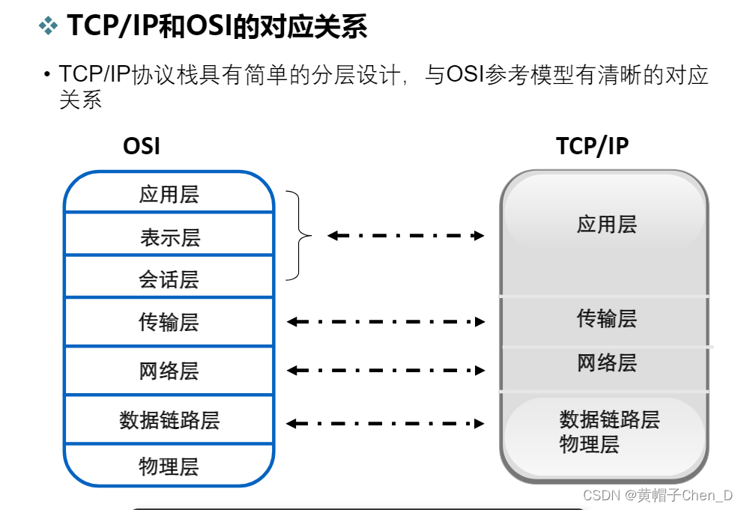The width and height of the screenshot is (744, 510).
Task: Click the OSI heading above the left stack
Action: click(142, 145)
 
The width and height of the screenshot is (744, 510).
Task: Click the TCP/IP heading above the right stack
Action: click(592, 145)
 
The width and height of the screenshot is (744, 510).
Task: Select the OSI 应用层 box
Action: click(169, 194)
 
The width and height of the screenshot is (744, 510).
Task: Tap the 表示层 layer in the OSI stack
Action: click(169, 237)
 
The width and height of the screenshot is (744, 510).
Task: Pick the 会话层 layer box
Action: click(169, 279)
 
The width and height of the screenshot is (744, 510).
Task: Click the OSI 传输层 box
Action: click(169, 322)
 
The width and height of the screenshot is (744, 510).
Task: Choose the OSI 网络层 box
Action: click(169, 371)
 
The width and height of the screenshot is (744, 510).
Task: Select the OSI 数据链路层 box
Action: click(169, 419)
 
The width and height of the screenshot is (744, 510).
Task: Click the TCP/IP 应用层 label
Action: click(606, 224)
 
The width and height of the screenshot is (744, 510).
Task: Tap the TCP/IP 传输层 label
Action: click(606, 318)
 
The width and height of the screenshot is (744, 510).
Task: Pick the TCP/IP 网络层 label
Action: click(606, 363)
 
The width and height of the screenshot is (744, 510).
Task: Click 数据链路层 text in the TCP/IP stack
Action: click(609, 419)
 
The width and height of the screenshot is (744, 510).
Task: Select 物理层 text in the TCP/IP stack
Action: click(589, 445)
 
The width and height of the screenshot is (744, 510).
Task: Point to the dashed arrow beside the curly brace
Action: click(406, 236)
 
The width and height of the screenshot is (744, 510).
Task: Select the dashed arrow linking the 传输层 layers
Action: click(386, 322)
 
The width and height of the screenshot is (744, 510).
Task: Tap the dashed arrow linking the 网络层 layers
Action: click(386, 370)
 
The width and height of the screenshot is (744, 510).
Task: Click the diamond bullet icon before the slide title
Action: click(49, 27)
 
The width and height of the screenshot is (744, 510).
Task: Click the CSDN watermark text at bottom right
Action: click(657, 495)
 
